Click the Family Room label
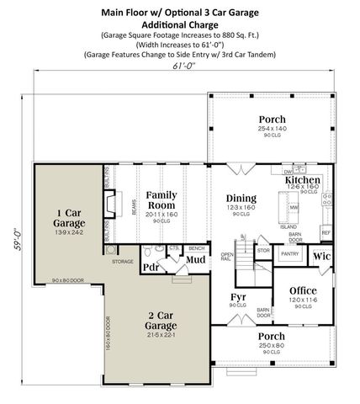pos(161,199)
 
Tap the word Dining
pos(241,199)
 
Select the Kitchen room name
pos(303,181)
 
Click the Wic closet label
pos(320,256)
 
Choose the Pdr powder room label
pos(151,268)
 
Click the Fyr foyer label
pos(238,298)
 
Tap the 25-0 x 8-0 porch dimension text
pos(271,345)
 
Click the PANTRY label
pos(290,252)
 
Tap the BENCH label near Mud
pos(198,249)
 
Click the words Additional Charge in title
pos(180,25)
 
